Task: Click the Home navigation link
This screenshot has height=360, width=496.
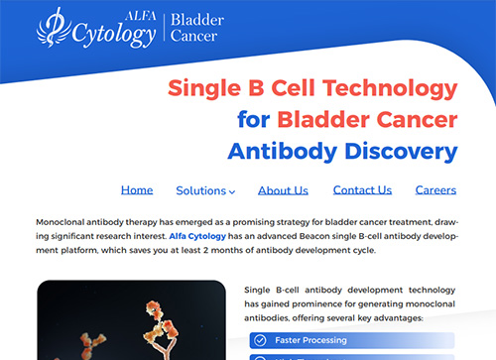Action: pos(137,190)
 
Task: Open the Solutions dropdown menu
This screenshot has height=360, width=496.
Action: pos(204,190)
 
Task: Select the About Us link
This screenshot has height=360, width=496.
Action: pos(283,190)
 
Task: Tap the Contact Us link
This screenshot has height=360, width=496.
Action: pos(362,190)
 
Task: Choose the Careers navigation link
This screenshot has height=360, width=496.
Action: pos(435,190)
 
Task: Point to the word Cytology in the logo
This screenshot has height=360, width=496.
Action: pos(112,35)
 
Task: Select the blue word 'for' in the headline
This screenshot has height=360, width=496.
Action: pos(253,120)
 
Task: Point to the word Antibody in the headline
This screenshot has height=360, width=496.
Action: pos(281,153)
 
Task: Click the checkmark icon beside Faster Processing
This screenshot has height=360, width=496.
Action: pos(260,340)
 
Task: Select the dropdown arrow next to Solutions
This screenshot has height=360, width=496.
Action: pos(232,191)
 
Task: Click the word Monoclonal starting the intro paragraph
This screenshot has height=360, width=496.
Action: pos(62,222)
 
